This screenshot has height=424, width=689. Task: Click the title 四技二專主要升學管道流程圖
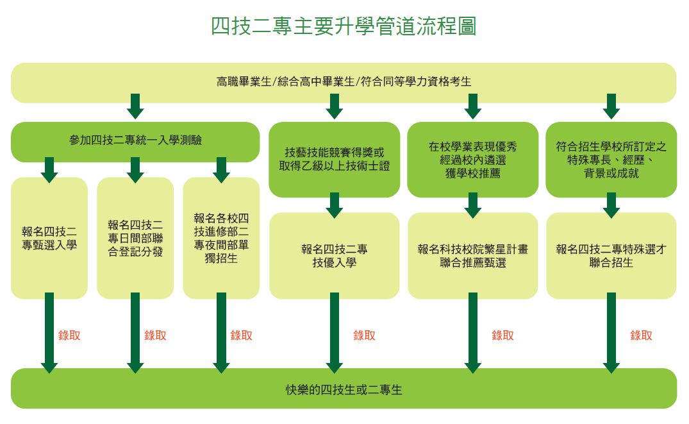click(344, 26)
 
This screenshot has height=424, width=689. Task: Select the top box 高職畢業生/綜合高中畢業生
click(344, 83)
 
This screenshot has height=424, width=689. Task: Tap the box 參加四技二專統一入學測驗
click(135, 142)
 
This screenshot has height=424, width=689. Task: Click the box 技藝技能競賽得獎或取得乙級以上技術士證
click(335, 159)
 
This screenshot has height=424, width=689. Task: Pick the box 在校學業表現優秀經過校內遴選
click(473, 159)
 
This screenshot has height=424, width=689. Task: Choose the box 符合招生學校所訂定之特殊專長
click(611, 159)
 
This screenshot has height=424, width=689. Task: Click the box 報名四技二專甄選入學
click(49, 238)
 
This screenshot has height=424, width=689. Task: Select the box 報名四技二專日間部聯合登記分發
click(135, 238)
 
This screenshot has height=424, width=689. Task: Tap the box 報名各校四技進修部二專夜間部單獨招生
click(221, 238)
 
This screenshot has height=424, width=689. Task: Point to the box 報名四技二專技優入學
click(335, 255)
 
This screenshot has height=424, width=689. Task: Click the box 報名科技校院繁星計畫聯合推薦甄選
click(473, 255)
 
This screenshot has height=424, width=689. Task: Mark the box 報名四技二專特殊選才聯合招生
click(611, 255)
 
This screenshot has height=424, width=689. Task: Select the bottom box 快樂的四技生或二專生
click(344, 388)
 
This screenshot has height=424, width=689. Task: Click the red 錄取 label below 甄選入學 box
click(69, 335)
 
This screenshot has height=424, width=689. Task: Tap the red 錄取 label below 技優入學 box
click(364, 335)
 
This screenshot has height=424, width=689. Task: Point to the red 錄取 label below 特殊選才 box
click(641, 335)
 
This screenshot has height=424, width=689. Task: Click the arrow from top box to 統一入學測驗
click(135, 106)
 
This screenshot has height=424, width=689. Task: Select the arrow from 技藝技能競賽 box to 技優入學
click(335, 205)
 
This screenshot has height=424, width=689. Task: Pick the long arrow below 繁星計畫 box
click(473, 333)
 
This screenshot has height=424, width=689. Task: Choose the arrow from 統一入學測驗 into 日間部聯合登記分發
click(135, 170)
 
